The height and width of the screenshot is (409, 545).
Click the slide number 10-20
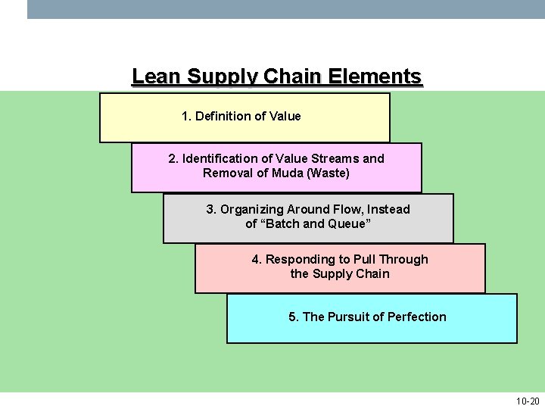[x=528, y=401]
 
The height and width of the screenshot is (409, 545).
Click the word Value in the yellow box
[x=285, y=116]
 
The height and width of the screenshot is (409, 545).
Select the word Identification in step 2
[x=219, y=158]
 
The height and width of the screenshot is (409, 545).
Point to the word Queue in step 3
[x=348, y=223]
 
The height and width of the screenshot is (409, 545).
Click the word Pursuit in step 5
[x=349, y=317]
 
